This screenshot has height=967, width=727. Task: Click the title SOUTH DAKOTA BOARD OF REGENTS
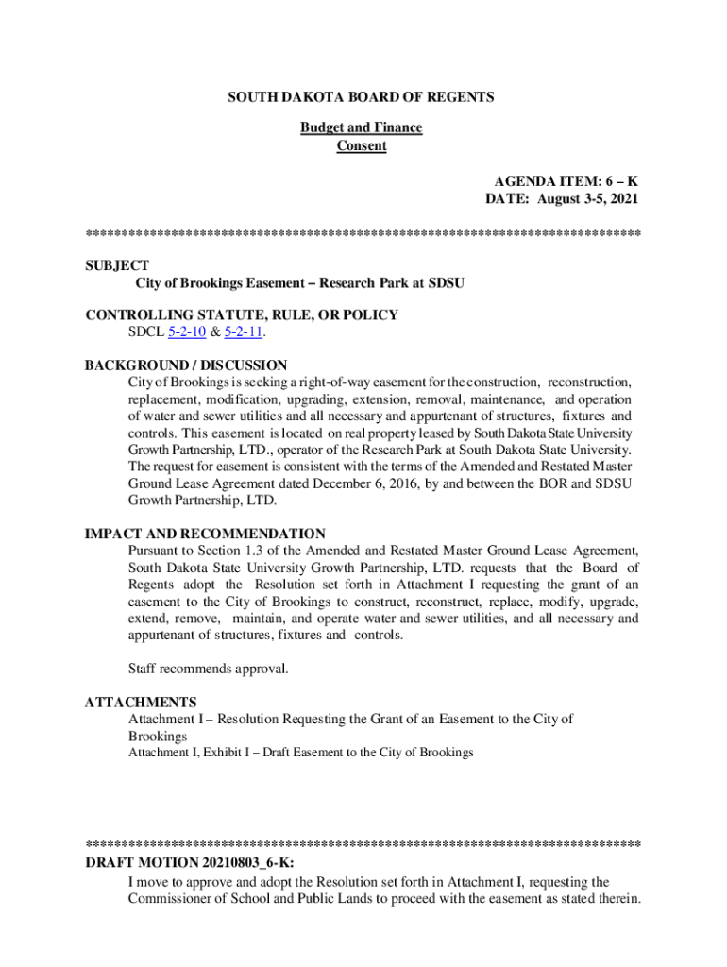(363, 97)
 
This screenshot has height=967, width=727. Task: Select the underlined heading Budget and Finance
(362, 127)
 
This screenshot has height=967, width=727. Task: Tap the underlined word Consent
(362, 146)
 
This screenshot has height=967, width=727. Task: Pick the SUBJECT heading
(117, 265)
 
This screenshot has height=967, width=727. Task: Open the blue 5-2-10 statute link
(187, 332)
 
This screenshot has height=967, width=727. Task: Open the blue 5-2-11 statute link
(242, 332)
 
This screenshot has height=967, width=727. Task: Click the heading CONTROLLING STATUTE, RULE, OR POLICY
(242, 315)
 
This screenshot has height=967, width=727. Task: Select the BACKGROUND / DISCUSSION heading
(186, 365)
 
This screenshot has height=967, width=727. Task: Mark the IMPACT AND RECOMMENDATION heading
(205, 534)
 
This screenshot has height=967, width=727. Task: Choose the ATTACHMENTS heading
(141, 703)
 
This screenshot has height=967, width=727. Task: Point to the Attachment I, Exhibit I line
(300, 753)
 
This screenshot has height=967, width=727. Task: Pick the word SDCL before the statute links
(145, 332)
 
